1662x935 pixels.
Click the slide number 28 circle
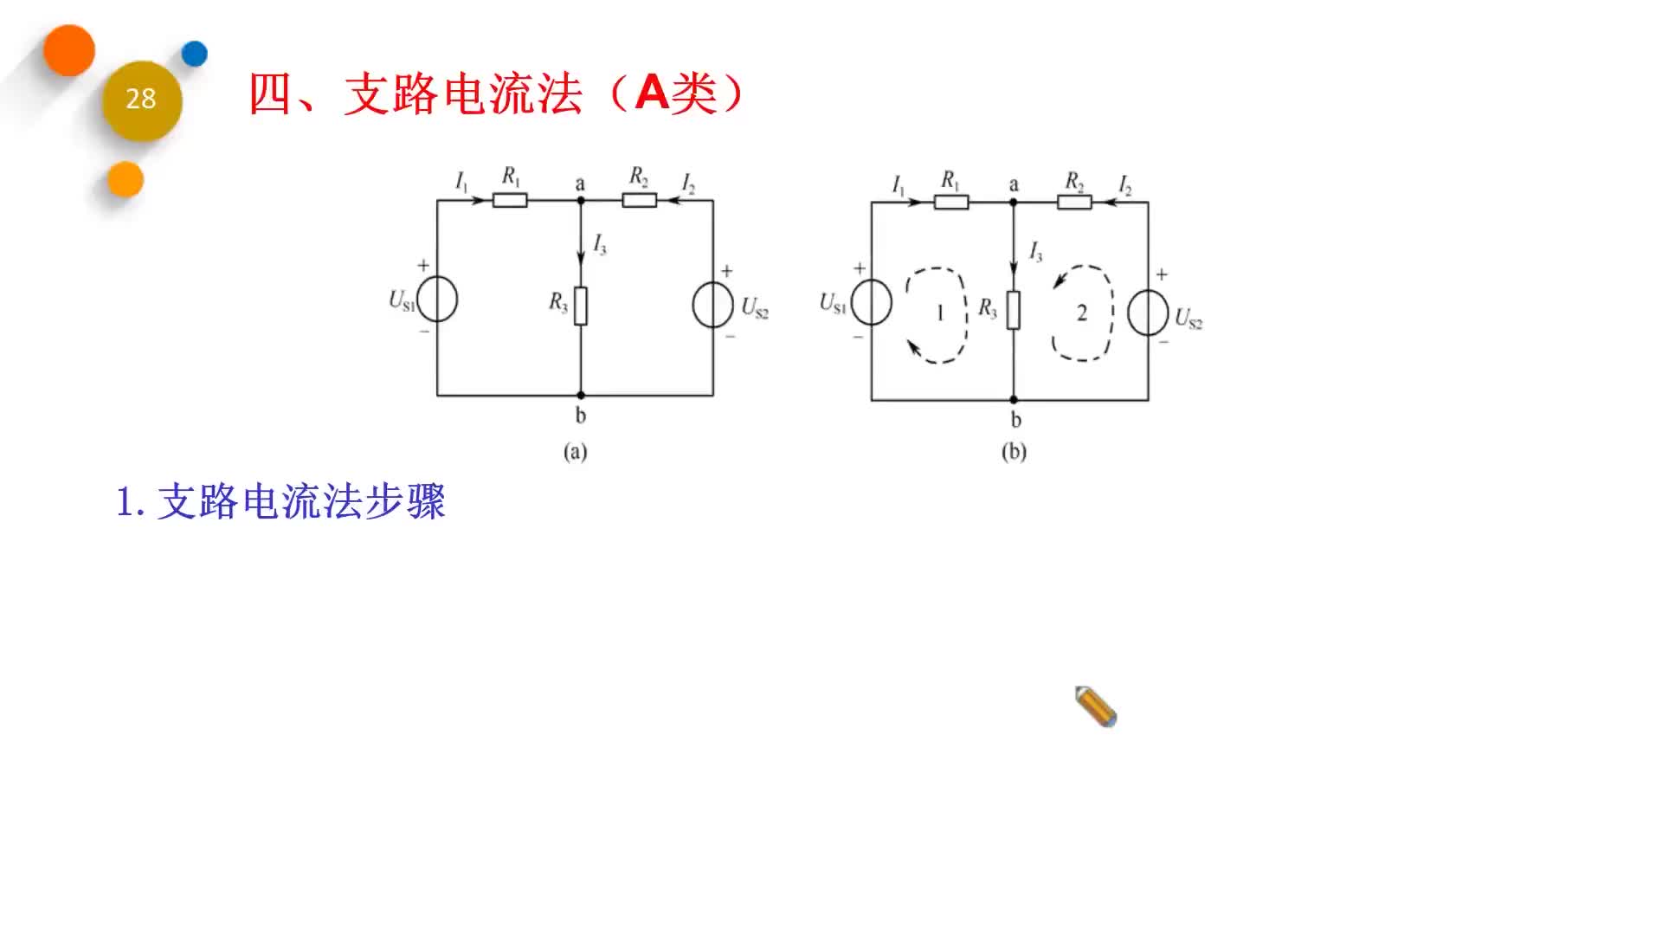click(x=141, y=100)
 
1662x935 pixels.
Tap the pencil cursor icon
click(x=1096, y=706)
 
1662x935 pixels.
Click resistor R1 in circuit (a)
click(x=510, y=201)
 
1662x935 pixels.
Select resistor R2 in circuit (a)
click(x=639, y=201)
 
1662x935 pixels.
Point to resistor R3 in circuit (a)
click(x=580, y=306)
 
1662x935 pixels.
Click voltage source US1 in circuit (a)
click(x=437, y=300)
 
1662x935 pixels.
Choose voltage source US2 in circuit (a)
click(x=712, y=305)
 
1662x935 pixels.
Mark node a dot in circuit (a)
click(x=581, y=201)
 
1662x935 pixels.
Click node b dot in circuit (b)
click(x=1014, y=400)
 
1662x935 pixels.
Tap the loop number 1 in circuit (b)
click(x=940, y=313)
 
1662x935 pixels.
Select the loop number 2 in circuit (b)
click(x=1081, y=313)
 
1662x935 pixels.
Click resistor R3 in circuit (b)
click(x=1013, y=310)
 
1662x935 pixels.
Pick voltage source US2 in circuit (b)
click(x=1148, y=313)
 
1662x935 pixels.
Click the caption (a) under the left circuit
click(x=575, y=452)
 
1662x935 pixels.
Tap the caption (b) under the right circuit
click(x=1014, y=452)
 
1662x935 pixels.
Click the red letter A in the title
click(x=652, y=93)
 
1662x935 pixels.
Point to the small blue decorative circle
click(x=195, y=54)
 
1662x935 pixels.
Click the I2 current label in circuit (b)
click(x=1124, y=185)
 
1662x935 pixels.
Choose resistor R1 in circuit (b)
click(x=950, y=203)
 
